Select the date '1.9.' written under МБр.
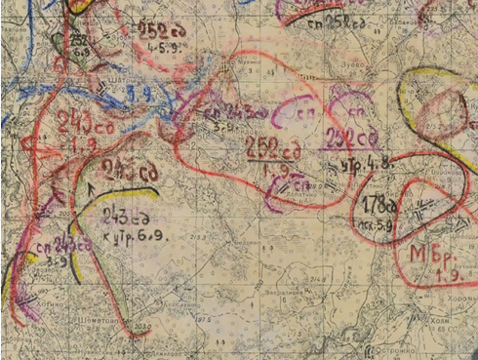431,276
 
